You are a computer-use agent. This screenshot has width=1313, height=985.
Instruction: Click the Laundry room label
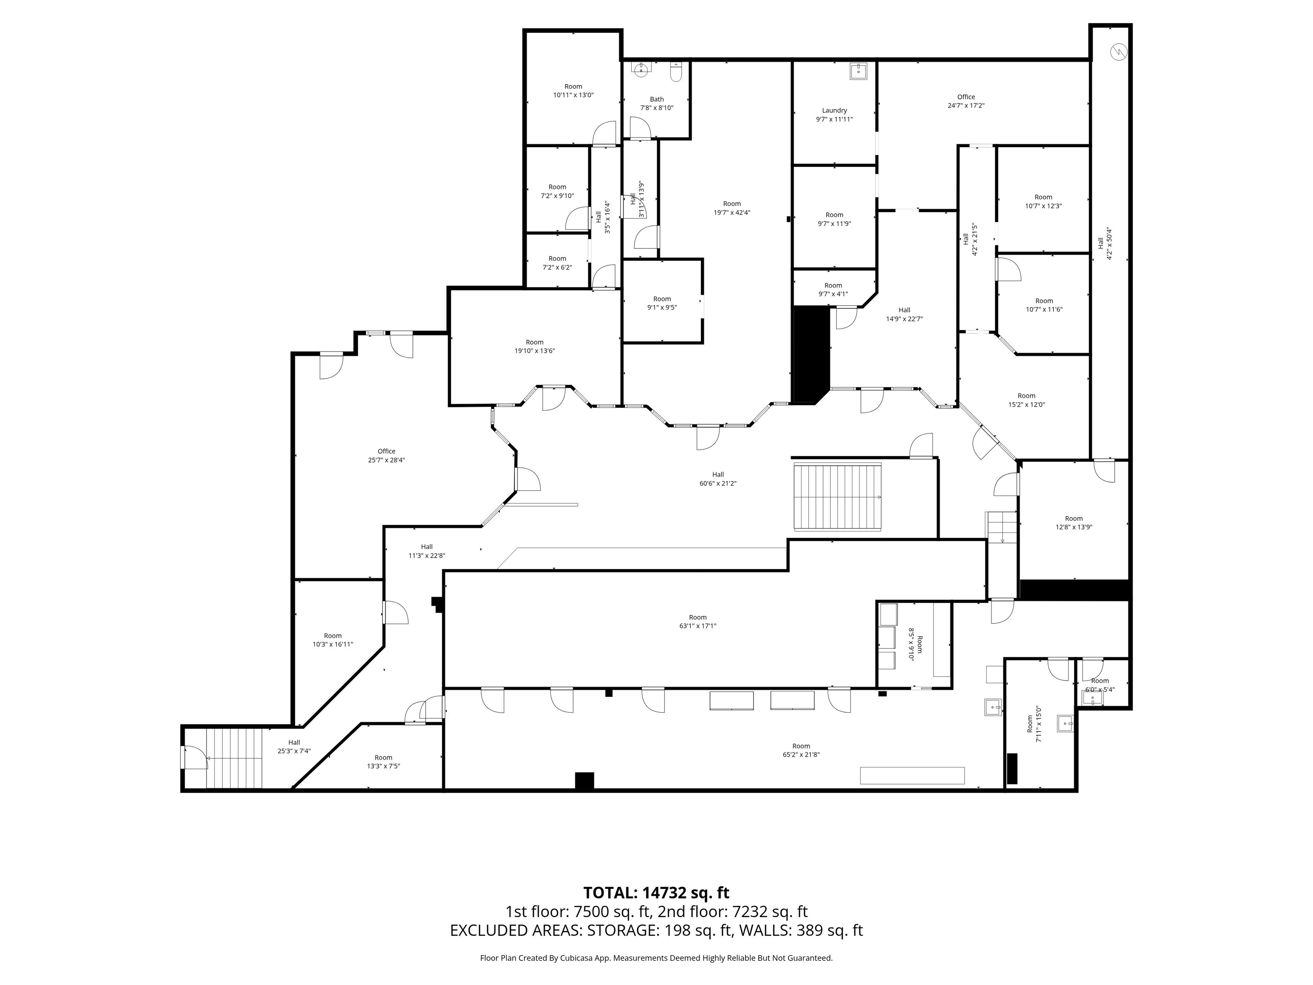point(834,115)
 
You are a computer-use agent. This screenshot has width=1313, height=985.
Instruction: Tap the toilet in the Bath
point(676,72)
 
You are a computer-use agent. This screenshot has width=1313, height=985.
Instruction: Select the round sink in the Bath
point(641,70)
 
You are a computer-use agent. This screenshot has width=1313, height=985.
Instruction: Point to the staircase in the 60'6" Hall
point(838,497)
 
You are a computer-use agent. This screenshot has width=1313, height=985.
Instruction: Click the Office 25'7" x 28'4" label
point(386,455)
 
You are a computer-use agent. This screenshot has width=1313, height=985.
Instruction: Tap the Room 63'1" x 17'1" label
point(698,622)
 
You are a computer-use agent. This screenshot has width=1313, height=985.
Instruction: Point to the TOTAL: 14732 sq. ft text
point(656,892)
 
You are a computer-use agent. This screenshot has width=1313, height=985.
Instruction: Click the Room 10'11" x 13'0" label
point(573,91)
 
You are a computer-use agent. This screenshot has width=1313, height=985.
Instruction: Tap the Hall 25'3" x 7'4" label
point(294,746)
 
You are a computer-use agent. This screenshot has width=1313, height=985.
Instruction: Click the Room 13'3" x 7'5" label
point(383,762)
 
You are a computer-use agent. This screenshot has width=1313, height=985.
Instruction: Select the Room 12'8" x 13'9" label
point(1073,522)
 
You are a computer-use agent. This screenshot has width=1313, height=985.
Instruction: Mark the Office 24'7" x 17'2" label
point(966,101)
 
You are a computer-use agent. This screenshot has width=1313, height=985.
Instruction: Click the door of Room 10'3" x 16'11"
point(395,613)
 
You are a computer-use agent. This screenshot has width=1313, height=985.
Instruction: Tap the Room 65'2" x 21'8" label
point(801,750)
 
